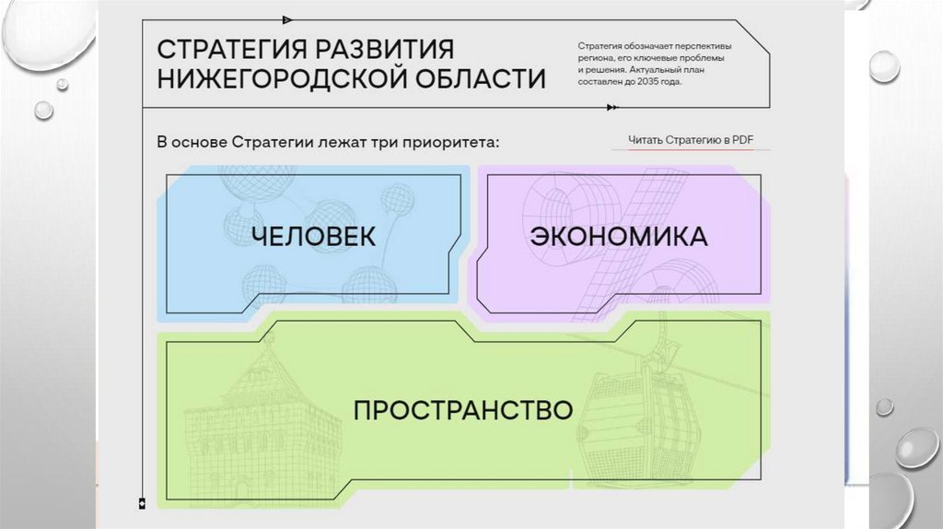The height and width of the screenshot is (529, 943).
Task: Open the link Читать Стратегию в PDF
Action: pyautogui.click(x=691, y=140)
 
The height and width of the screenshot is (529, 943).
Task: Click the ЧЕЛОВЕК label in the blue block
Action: pyautogui.click(x=314, y=236)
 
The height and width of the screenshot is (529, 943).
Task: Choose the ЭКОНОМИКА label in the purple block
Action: pyautogui.click(x=618, y=236)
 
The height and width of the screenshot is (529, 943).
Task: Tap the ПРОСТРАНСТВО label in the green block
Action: pyautogui.click(x=463, y=408)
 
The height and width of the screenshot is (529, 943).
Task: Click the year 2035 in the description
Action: pyautogui.click(x=646, y=81)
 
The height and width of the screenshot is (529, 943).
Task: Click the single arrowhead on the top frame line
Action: pyautogui.click(x=288, y=18)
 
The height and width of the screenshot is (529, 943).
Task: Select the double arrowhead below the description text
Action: pyautogui.click(x=612, y=108)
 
